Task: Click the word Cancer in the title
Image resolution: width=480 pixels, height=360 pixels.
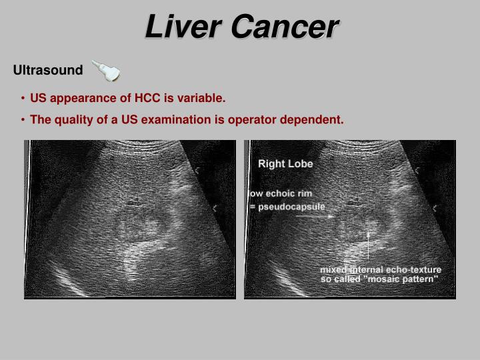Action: click(285, 27)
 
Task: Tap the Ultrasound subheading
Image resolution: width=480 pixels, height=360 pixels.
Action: click(48, 70)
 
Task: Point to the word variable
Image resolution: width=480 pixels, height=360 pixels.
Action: click(202, 99)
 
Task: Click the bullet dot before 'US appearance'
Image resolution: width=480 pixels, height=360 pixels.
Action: click(23, 99)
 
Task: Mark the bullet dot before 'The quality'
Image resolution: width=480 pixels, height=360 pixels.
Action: click(23, 120)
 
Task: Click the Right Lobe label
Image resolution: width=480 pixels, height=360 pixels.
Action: click(285, 164)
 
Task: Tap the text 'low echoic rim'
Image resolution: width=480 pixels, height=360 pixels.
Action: click(280, 194)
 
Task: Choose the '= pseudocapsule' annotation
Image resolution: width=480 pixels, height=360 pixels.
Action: click(287, 207)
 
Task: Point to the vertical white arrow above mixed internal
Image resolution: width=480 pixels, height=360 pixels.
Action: click(369, 247)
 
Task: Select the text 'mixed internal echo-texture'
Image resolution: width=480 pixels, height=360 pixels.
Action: click(381, 270)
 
